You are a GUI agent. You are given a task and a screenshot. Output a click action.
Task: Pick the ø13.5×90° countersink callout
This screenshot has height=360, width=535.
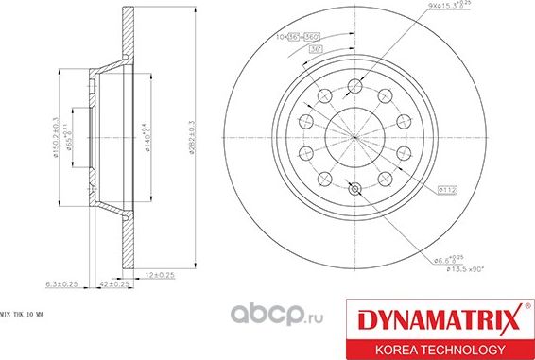[452, 271]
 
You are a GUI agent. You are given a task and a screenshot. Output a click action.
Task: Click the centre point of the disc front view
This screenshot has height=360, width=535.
[354, 137]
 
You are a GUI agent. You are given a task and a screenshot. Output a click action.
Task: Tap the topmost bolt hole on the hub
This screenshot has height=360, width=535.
[354, 84]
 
